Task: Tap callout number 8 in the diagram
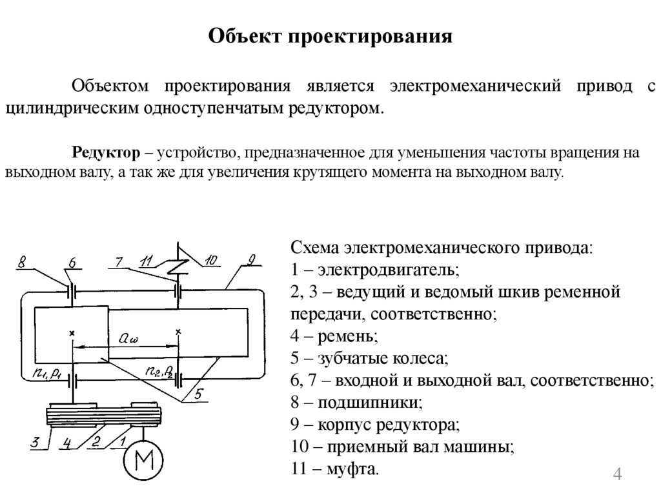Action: pyautogui.click(x=22, y=263)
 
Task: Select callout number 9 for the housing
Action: pyautogui.click(x=252, y=260)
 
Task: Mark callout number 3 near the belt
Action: pyautogui.click(x=36, y=443)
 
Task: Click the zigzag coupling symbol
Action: pyautogui.click(x=178, y=265)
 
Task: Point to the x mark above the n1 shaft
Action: pyautogui.click(x=72, y=332)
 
